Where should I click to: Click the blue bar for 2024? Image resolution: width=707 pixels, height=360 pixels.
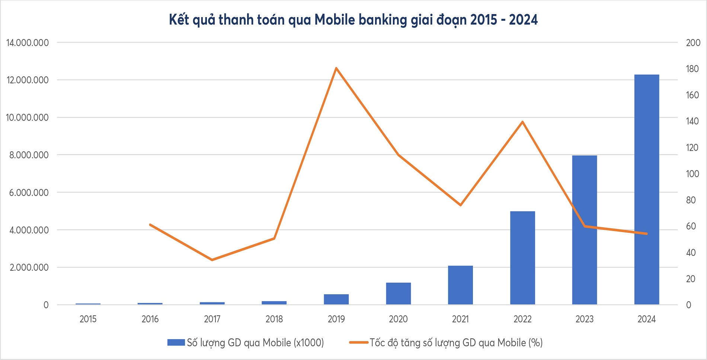point(646,190)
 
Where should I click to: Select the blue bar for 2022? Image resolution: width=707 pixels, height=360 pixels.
point(522,258)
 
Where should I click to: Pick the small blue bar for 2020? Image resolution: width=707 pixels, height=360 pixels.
point(398,294)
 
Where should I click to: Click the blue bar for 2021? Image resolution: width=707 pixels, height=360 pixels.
point(460,285)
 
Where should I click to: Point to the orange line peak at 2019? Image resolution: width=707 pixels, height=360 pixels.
point(336,68)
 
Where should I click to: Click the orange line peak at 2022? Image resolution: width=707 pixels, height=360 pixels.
point(522,122)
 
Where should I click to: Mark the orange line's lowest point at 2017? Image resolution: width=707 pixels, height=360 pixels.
point(212,260)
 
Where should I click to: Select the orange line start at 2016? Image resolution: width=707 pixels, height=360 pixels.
point(150,225)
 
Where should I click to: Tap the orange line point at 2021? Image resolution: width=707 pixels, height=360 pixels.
point(460,205)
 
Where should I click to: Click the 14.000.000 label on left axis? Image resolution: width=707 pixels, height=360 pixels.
point(28,43)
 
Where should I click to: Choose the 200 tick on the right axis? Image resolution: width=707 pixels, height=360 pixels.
point(693,43)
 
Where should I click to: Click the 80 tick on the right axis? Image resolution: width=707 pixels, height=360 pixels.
point(691,200)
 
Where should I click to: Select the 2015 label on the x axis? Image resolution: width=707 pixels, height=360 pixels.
point(88,319)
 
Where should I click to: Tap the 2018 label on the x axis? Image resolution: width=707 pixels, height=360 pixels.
point(274,319)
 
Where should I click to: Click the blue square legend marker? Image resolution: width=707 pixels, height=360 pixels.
point(176,343)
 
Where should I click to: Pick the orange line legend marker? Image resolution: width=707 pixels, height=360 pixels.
point(358,343)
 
